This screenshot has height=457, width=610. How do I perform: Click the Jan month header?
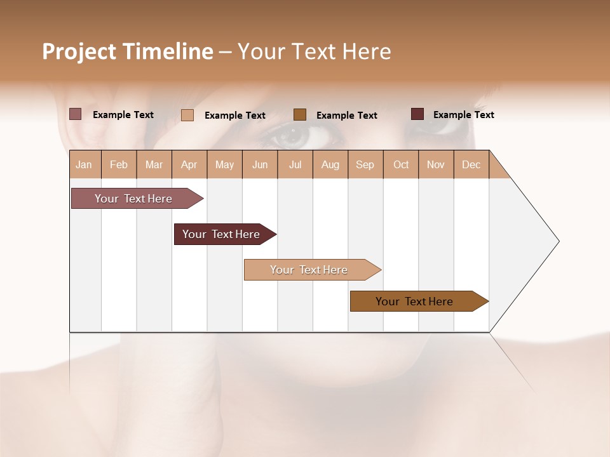[x=84, y=164]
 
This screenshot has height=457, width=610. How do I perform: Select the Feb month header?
[x=119, y=164]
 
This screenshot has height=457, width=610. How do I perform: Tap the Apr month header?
[x=189, y=164]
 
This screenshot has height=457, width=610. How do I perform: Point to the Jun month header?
[x=260, y=164]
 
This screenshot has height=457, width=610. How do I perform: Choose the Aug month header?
[x=330, y=164]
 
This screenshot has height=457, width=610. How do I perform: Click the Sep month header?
[x=365, y=164]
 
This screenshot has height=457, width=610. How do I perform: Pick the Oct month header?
[x=401, y=164]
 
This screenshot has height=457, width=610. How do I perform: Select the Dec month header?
[x=471, y=164]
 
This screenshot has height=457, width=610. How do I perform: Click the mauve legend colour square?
[x=76, y=114]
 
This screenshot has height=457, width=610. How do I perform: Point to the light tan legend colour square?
[x=187, y=115]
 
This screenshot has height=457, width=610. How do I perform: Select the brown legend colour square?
[x=300, y=114]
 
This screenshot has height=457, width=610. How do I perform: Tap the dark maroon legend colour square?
[x=417, y=114]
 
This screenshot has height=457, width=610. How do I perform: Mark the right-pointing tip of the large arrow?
[x=558, y=241]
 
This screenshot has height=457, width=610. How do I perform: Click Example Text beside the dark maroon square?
[x=463, y=115]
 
